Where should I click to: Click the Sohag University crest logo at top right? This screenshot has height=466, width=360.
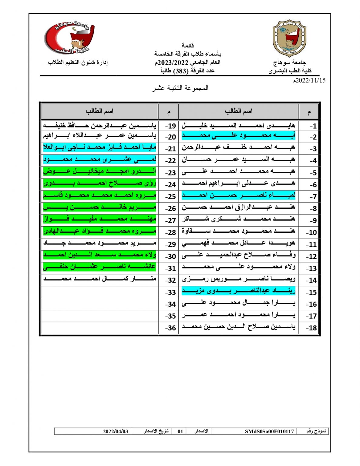point(290,39)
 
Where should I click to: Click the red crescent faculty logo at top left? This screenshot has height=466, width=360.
point(69,38)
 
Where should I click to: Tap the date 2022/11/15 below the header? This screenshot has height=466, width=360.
point(309,80)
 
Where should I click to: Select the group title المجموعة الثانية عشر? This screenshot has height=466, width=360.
point(180,88)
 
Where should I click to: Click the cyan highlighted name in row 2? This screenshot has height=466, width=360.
point(238,136)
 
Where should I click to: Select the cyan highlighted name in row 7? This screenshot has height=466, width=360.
point(238,195)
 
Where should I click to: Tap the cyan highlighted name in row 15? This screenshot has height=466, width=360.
point(238,291)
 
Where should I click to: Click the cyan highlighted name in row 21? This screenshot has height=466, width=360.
point(99,148)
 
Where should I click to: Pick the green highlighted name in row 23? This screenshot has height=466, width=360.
point(99,171)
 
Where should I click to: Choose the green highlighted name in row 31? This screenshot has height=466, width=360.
point(99,267)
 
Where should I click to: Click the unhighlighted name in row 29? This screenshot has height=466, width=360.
point(99,243)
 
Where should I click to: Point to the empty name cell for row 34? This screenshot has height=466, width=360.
point(99,304)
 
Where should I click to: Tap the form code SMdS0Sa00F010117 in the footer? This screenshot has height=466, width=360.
point(269,431)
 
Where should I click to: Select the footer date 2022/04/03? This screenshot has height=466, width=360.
point(115,431)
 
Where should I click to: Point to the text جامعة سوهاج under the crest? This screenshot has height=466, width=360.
point(290,63)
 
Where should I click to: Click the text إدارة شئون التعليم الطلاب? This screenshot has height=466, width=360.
point(78,62)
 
